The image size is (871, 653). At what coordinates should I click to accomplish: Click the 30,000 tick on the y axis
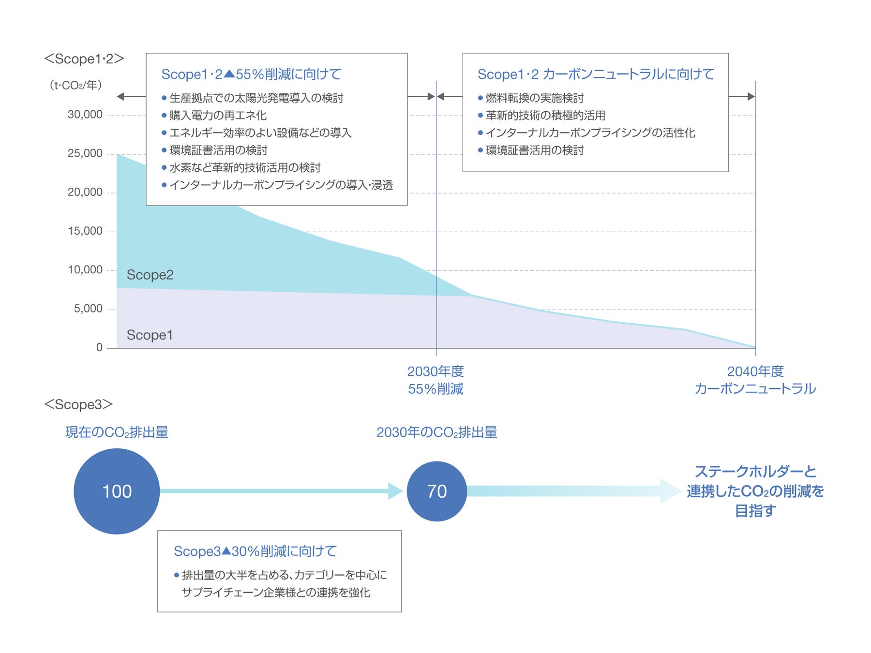[85, 115]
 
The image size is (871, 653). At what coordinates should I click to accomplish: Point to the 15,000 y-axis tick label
[85, 231]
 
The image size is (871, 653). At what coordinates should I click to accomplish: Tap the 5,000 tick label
[88, 309]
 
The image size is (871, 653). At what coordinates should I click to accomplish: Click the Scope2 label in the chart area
[150, 275]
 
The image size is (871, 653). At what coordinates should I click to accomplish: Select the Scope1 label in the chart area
[150, 335]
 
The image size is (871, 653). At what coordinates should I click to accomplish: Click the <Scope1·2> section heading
[84, 59]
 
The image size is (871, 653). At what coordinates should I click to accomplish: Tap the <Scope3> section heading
[78, 404]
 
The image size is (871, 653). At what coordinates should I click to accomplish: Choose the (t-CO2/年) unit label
[75, 85]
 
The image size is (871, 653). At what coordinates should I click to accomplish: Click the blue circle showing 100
[117, 491]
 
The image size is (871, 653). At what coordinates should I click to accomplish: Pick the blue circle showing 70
[436, 491]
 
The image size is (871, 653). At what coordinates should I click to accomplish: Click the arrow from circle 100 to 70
[281, 491]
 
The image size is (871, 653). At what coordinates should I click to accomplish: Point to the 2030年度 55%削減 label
[435, 380]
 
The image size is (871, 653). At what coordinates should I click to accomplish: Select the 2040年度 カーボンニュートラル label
[755, 380]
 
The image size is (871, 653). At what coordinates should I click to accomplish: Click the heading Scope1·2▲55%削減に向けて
[251, 74]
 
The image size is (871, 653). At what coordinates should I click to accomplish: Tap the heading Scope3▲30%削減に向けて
[255, 551]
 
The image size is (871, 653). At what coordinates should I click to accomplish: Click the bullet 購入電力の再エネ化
[218, 116]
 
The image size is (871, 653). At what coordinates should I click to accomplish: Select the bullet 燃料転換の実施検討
[534, 98]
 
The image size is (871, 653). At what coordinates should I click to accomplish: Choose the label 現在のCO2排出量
[117, 432]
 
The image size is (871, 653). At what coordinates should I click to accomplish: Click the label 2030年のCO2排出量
[436, 432]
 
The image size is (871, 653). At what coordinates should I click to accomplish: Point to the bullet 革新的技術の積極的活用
[545, 116]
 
